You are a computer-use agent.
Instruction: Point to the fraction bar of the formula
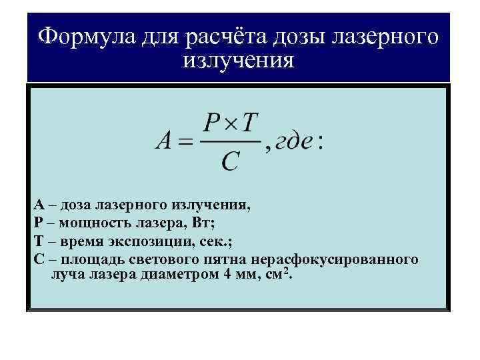point(231,141)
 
